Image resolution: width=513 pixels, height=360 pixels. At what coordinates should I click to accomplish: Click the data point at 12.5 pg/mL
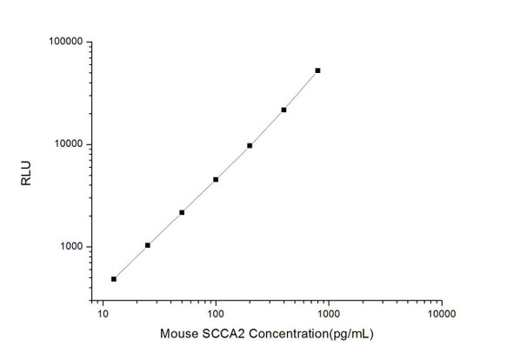point(114,279)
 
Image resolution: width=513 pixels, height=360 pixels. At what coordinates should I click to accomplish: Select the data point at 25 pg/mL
point(148,245)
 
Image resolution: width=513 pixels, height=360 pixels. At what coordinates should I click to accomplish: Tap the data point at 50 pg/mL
point(182,212)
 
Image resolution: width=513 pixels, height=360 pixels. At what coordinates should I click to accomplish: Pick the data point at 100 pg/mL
point(216,179)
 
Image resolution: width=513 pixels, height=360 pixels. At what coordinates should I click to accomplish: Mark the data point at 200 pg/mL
point(250,145)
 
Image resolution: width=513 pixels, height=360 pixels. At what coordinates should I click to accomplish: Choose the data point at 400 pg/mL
point(283,110)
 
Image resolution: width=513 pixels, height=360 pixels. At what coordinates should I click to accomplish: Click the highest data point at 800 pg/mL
point(317,70)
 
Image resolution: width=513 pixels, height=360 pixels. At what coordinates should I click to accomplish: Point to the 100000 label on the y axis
point(64,42)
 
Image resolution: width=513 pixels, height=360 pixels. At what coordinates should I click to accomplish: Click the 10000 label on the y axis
point(67,144)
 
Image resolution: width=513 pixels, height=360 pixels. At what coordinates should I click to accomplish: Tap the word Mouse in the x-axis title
point(178,335)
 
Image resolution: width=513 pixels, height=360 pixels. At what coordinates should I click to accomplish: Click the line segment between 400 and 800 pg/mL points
point(301,90)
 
